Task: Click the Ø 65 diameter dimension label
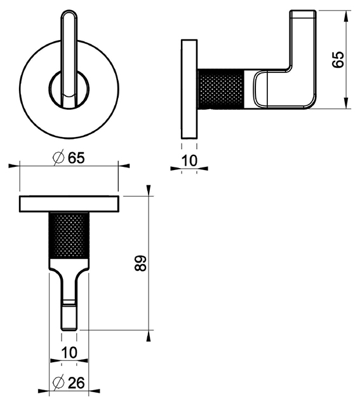click(x=69, y=157)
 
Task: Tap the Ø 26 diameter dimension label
click(x=69, y=383)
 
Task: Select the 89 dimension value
click(x=141, y=264)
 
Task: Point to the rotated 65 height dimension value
click(x=338, y=60)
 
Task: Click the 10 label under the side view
click(x=189, y=160)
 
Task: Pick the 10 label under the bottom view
click(x=69, y=353)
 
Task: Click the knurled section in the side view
click(x=221, y=89)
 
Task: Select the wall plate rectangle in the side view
click(x=189, y=89)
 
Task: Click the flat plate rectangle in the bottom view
click(x=69, y=204)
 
